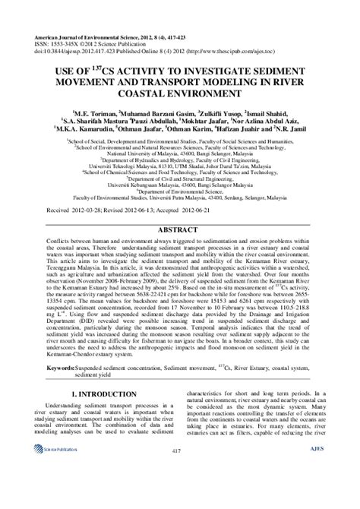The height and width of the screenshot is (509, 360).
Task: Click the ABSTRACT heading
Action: [180, 228]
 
